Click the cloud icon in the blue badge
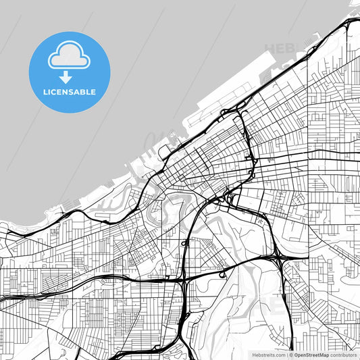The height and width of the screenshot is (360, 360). point(68,55)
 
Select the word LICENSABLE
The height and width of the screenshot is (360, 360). point(69,92)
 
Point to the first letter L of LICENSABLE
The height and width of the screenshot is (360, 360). point(45,92)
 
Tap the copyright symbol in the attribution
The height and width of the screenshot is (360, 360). point(291,355)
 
